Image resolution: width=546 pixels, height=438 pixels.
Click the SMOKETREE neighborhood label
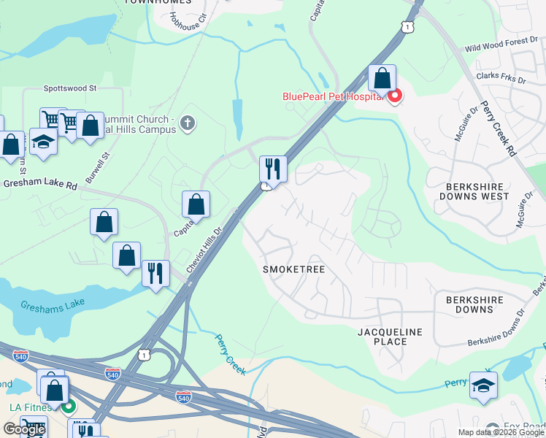(293, 269)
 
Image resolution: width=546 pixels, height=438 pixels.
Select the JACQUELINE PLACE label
(390, 337)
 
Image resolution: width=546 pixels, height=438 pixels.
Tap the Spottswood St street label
(70, 88)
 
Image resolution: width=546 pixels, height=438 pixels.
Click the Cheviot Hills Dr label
(204, 250)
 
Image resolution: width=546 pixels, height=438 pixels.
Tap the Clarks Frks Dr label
(501, 76)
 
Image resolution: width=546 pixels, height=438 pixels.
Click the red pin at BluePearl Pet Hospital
(395, 96)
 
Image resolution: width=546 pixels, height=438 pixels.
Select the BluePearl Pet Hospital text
(333, 96)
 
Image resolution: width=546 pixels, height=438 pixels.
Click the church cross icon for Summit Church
(188, 123)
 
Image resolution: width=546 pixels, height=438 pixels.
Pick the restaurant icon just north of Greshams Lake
(155, 274)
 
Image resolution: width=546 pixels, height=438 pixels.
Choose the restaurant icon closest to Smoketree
(273, 169)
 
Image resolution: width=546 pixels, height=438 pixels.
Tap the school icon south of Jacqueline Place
(483, 385)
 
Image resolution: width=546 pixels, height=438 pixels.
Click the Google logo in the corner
(24, 429)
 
